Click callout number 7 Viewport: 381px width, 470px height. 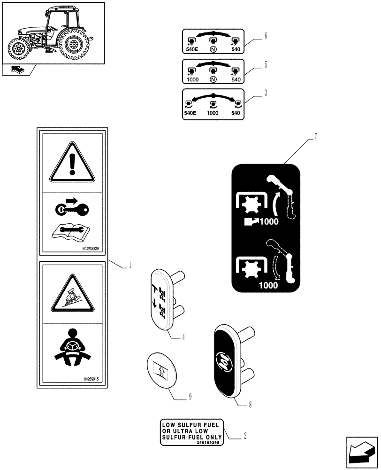pos(316,137)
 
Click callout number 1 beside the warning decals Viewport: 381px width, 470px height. pos(130,266)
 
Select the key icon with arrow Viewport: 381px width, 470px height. pos(73,207)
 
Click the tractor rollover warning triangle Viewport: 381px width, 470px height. pos(72,296)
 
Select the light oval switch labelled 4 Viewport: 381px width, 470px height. pos(164,299)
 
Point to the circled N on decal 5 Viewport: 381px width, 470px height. pos(213,79)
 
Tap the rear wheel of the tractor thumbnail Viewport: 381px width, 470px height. pos(73,46)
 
